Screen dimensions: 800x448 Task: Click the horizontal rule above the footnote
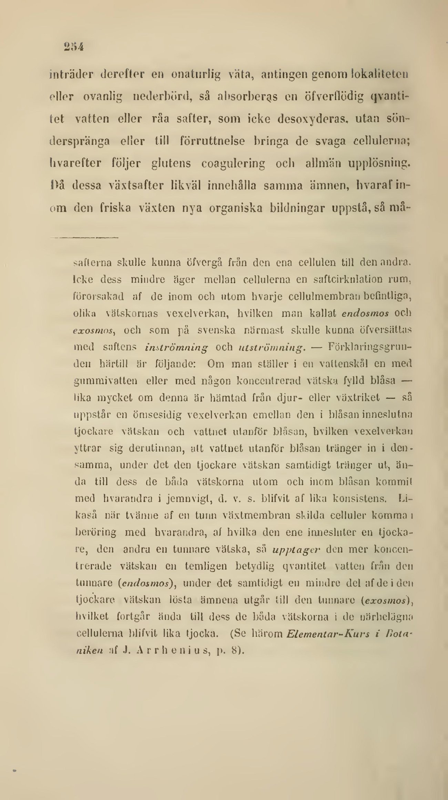(x=84, y=237)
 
